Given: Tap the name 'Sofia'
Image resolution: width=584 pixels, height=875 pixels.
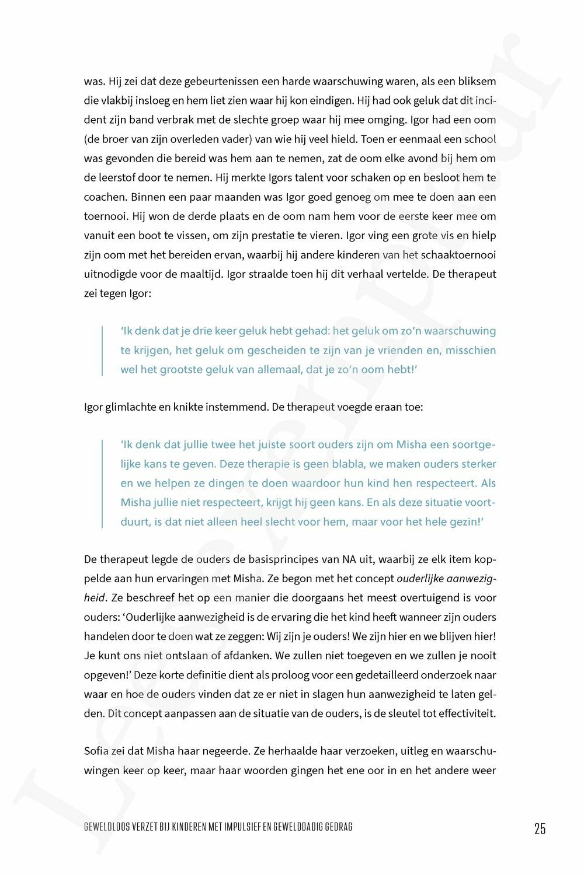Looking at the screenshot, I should (x=96, y=751).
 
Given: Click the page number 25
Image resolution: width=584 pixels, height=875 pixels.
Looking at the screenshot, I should (x=540, y=828).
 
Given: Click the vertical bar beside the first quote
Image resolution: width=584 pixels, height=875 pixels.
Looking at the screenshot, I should (x=103, y=350).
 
